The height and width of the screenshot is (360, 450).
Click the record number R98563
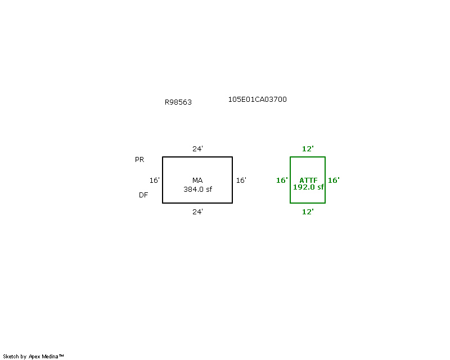coord(178,102)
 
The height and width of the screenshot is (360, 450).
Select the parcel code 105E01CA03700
coord(258,100)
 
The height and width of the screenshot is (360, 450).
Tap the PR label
coord(139,160)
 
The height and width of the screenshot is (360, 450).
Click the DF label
coord(143,195)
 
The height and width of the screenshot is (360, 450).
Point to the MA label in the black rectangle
coord(197,181)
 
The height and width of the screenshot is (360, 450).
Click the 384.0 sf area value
coord(198,190)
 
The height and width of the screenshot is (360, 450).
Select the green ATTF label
coord(308,181)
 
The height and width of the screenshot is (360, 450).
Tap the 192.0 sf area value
coord(308,187)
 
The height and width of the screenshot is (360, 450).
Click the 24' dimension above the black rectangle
coord(198,148)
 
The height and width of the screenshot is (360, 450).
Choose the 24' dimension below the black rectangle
coord(198,212)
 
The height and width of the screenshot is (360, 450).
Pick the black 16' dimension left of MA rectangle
coord(154,181)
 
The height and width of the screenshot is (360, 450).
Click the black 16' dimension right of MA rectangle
coord(241,181)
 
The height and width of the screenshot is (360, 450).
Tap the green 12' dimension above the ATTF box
coord(308,148)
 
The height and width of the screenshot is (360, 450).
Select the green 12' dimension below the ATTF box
coord(308,212)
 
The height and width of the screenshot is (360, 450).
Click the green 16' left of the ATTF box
coord(282,181)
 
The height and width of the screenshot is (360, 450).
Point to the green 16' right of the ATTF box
coord(334,181)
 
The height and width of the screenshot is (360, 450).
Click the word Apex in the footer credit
coord(34,357)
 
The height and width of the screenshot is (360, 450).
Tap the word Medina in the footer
coord(50,357)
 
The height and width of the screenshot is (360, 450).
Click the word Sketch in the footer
coord(11,357)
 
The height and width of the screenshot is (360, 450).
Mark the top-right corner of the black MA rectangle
coord(232,157)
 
